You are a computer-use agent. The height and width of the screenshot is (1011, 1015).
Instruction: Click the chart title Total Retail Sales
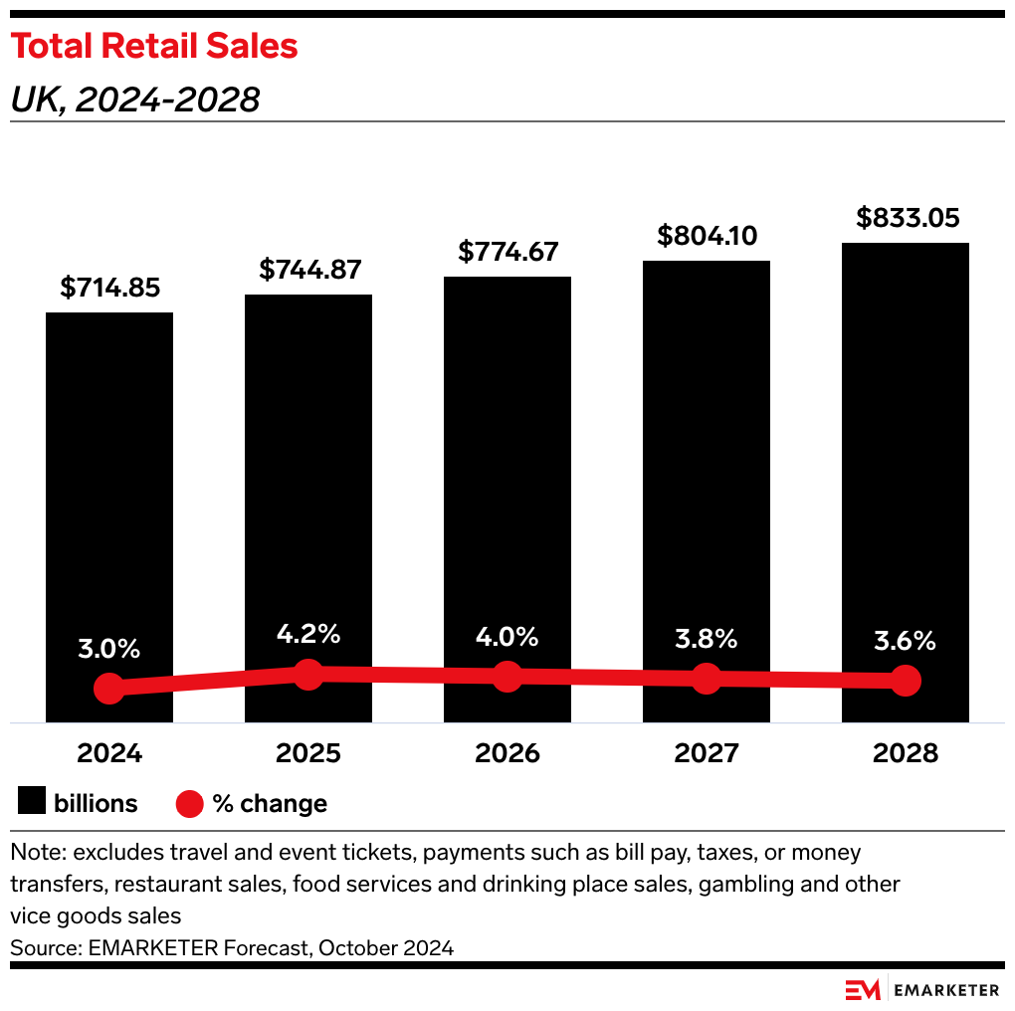[154, 46]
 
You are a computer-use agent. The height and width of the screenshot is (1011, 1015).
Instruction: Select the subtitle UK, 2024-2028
[134, 100]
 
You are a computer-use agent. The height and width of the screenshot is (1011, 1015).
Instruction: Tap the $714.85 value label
[109, 289]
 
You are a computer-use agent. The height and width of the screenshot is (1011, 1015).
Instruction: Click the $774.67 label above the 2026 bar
[507, 252]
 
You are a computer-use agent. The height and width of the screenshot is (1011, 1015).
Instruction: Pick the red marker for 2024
[109, 689]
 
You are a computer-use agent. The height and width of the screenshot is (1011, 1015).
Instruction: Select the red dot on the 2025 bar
[308, 674]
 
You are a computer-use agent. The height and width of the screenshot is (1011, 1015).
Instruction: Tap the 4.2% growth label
[308, 634]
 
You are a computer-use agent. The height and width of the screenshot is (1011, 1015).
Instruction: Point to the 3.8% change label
[707, 639]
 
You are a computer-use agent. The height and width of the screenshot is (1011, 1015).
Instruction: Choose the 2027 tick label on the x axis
[707, 753]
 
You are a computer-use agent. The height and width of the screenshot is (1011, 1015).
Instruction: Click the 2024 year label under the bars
[109, 753]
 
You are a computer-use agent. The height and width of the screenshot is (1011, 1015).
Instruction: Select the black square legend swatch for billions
[32, 803]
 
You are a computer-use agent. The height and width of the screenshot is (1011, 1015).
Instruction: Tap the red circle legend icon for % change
[189, 803]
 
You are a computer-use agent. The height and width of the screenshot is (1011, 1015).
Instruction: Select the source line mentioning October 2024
[232, 947]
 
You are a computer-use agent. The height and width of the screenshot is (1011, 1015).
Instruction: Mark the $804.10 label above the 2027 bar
[707, 236]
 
